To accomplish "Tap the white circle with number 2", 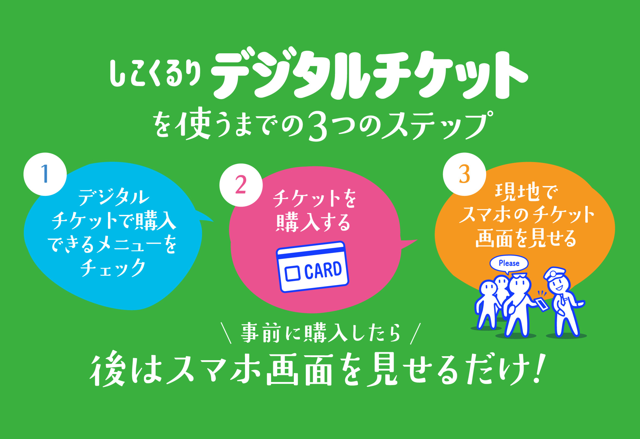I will coord(241,185).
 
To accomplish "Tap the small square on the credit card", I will coord(292,273).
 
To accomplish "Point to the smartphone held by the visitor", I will coord(541,304).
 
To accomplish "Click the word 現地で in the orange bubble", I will coord(526,192).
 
